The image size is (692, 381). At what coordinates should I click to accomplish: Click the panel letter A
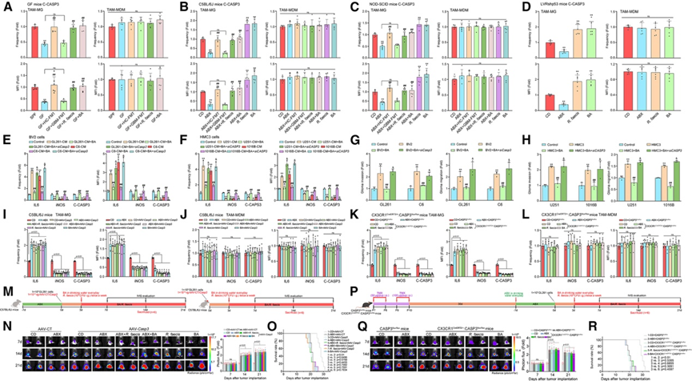coord(4,5)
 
